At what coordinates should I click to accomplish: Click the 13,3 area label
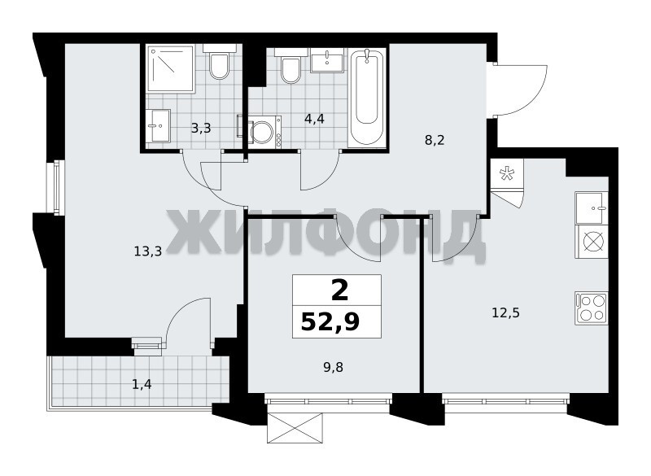(148, 251)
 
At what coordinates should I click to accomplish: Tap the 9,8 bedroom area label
(334, 367)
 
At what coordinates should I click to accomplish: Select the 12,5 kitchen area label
(505, 312)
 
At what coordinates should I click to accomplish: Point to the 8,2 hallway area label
(435, 140)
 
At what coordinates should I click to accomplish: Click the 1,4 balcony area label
(142, 385)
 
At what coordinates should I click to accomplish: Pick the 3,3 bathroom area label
(201, 129)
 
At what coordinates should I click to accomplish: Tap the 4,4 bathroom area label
(314, 119)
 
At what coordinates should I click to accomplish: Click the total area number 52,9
(330, 321)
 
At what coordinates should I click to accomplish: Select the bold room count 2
(339, 290)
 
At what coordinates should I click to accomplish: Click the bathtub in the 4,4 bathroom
(367, 97)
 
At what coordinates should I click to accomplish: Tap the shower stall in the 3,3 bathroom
(171, 68)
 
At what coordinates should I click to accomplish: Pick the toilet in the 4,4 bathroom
(291, 66)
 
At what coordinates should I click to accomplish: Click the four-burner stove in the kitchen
(592, 308)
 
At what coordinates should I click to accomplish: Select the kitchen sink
(592, 208)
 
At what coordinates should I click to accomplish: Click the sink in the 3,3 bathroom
(159, 126)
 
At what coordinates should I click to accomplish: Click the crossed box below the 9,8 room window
(295, 428)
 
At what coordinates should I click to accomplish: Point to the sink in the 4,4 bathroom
(327, 60)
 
